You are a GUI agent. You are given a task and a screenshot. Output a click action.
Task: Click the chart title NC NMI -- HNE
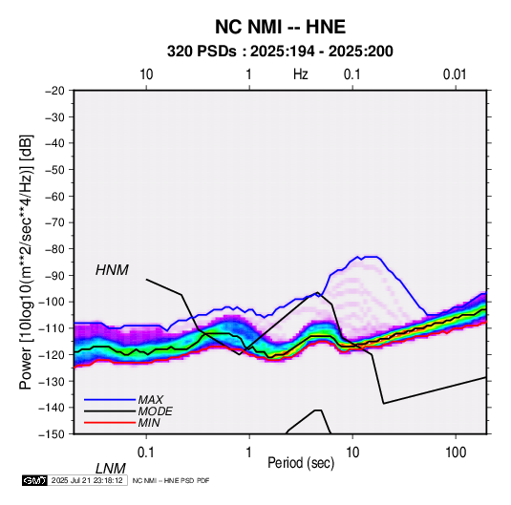[x=280, y=27]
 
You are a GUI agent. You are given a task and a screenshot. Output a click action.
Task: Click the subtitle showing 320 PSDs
[x=280, y=52]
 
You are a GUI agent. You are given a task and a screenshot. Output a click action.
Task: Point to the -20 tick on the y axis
[x=54, y=91]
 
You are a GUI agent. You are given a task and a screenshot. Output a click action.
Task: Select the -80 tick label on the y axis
[x=54, y=249]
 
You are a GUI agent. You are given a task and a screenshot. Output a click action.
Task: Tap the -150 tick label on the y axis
[x=52, y=434]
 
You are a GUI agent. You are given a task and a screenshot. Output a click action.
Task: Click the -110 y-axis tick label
[x=52, y=328]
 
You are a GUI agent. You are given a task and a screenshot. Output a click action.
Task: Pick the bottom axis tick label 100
[x=456, y=452]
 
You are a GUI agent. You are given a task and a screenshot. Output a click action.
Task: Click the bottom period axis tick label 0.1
[x=146, y=452]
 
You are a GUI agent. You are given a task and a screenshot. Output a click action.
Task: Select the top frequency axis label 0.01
[x=455, y=74]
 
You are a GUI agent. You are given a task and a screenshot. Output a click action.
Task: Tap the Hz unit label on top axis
[x=301, y=74]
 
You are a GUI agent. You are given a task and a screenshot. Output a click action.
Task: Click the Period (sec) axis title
[x=301, y=463]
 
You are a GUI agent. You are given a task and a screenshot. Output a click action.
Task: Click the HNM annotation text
[x=112, y=270]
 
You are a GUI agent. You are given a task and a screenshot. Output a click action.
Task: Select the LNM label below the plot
[x=111, y=469]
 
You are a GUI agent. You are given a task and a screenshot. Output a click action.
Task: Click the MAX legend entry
[x=124, y=399]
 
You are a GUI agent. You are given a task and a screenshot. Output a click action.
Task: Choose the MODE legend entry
[x=128, y=411]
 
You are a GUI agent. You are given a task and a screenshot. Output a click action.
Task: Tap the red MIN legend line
[x=110, y=423]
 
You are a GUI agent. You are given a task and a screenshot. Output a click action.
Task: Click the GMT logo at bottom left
[x=35, y=480]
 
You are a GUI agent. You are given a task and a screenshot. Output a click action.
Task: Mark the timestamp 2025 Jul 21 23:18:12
[x=87, y=480]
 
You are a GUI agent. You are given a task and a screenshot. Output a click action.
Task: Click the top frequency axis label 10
[x=146, y=74]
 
